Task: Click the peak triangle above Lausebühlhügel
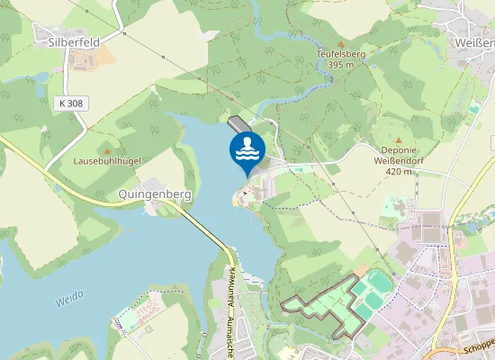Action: [x=107, y=150]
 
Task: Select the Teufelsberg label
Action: [x=340, y=54]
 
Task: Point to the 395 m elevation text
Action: [x=340, y=65]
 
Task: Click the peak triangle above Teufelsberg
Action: [x=340, y=43]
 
